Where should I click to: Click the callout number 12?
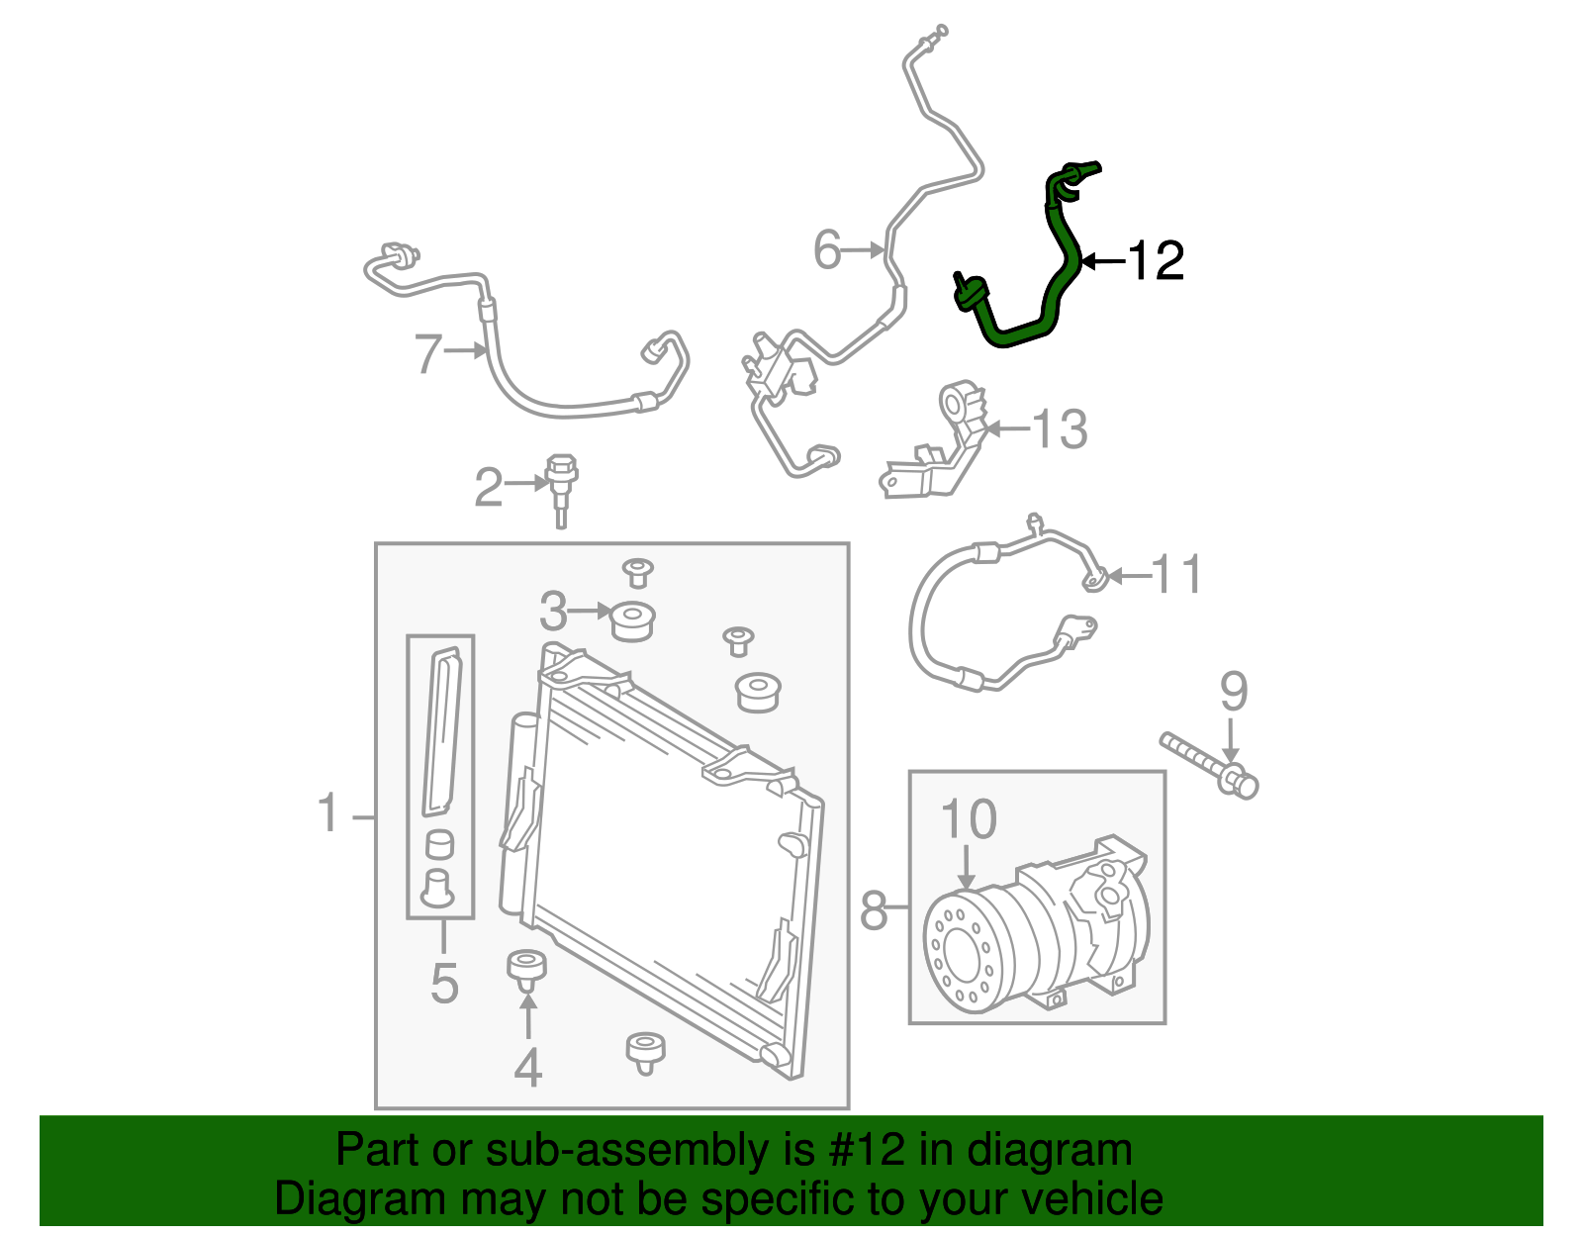tap(1156, 260)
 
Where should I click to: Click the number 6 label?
tap(827, 249)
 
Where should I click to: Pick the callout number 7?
tap(427, 353)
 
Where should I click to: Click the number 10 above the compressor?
tap(968, 819)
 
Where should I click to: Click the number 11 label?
tap(1176, 575)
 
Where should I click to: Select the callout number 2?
tap(489, 487)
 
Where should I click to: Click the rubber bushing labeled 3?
tap(633, 621)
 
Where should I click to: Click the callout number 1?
tap(328, 813)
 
